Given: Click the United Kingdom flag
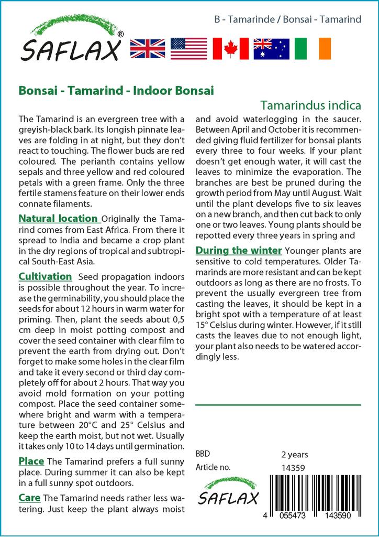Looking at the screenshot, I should click(x=147, y=49).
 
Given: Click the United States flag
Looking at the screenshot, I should click(x=188, y=49).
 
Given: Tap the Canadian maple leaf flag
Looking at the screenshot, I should click(x=230, y=49).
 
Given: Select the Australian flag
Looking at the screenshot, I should click(x=271, y=49).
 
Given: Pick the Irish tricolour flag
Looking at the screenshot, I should click(x=313, y=49).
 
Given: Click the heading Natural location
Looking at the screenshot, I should click(x=59, y=218).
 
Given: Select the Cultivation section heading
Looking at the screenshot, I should click(x=45, y=276).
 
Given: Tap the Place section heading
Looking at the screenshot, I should click(x=31, y=461).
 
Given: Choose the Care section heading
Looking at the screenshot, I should click(x=29, y=497).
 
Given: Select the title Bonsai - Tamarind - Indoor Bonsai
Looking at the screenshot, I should click(x=116, y=90).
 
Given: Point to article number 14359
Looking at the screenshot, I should click(x=293, y=468).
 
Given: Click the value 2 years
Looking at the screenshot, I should click(x=295, y=455).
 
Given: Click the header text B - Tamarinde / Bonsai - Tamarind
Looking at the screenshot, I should click(x=288, y=20).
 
